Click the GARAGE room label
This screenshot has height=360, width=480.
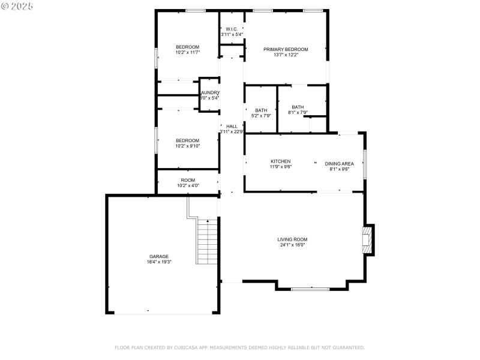click(159, 256)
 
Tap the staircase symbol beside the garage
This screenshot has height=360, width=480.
click(207, 242)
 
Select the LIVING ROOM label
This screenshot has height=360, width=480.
click(293, 239)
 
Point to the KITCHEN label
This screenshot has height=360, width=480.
click(281, 161)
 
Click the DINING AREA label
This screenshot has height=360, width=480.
click(339, 164)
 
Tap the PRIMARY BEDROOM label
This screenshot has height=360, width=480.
click(286, 49)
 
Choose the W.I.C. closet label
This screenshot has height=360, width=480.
click(232, 29)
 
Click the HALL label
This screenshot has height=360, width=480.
click(232, 126)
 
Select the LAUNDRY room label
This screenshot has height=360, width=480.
click(210, 92)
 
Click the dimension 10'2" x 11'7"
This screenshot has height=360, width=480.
click(187, 53)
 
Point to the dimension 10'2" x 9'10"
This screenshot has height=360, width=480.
click(187, 146)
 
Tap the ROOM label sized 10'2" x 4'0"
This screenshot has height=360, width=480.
click(188, 180)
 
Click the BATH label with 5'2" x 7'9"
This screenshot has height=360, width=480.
click(261, 110)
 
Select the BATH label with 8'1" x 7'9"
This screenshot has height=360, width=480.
click(298, 107)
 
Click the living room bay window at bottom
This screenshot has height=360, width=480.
click(310, 289)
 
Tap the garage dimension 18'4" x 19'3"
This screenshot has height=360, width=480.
click(159, 262)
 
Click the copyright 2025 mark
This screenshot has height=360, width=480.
click(17, 5)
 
